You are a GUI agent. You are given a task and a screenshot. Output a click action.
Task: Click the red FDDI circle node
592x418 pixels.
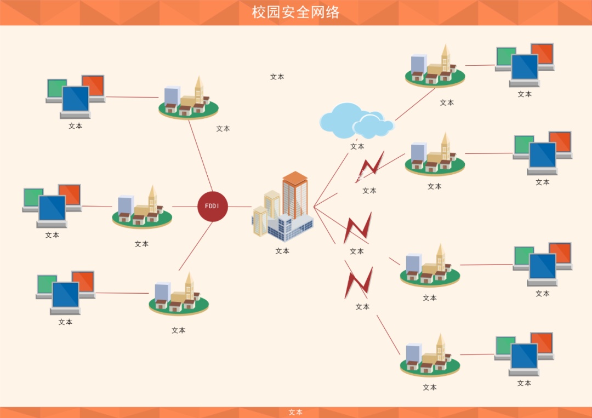tap(212, 207)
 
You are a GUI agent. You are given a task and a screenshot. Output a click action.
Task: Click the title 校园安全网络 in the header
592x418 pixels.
tap(295, 12)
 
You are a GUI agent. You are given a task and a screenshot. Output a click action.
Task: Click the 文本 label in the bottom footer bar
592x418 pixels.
tap(295, 413)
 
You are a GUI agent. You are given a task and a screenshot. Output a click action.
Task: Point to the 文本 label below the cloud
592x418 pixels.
tap(357, 146)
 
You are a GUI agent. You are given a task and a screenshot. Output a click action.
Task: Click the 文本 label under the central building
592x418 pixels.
tap(282, 251)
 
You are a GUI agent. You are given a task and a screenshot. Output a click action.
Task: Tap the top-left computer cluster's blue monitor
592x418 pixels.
tap(75, 99)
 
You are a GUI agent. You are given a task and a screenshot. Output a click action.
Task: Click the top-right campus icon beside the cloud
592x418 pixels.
tap(435, 66)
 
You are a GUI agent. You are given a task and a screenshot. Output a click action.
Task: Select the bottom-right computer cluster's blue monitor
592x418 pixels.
tap(524, 357)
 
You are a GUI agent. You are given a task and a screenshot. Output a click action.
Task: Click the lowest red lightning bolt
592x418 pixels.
tap(358, 283)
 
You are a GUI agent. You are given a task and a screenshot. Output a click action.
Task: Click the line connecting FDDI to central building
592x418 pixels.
tap(240, 207)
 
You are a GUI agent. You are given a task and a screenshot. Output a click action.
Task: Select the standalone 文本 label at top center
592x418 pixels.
tap(277, 77)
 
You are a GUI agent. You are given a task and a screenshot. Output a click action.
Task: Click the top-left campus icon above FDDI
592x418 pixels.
tap(189, 98)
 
